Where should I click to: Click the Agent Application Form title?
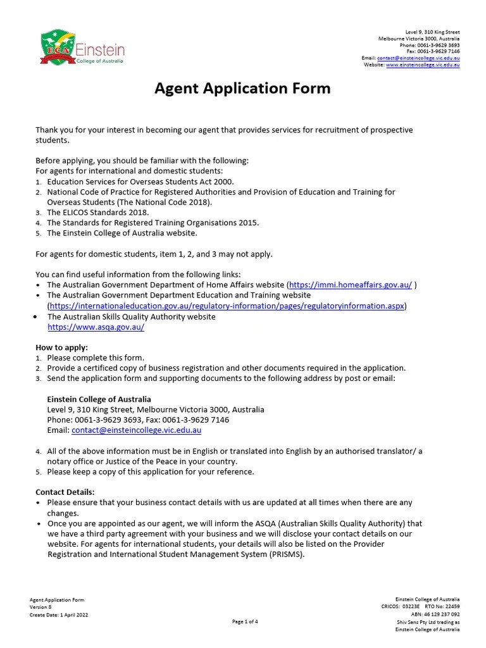click(x=242, y=88)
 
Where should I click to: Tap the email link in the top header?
click(x=418, y=58)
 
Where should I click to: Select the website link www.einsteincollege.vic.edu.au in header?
click(x=423, y=65)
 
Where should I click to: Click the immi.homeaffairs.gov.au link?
click(x=350, y=285)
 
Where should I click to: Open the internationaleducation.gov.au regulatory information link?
click(x=227, y=306)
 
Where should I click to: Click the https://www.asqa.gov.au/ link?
click(x=96, y=327)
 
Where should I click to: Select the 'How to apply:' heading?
click(x=61, y=347)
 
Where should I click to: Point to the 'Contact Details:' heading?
click(x=65, y=492)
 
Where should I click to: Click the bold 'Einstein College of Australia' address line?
click(x=99, y=399)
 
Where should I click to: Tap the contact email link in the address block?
click(x=136, y=430)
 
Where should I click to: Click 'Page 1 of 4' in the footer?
click(x=245, y=621)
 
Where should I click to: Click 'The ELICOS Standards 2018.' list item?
click(x=98, y=213)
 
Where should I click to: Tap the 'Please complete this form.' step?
click(x=96, y=358)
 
